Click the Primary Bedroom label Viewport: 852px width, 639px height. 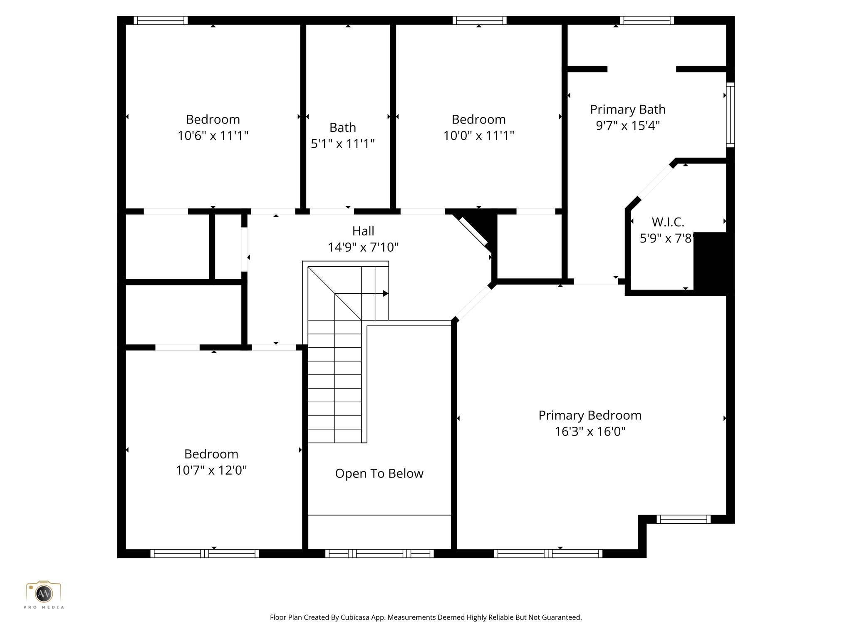tap(589, 415)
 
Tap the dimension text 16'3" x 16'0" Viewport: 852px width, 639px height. tap(589, 431)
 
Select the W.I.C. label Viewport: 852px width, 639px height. tap(668, 222)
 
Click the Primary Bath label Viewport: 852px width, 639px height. tap(627, 109)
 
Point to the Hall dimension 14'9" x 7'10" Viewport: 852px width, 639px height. tap(363, 247)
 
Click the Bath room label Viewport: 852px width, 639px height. tap(342, 127)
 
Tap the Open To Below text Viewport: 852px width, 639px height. tap(379, 473)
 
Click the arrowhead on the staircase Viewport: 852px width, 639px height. tap(385, 293)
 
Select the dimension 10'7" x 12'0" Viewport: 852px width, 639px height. tap(211, 470)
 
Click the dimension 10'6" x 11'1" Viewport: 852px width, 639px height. tap(213, 136)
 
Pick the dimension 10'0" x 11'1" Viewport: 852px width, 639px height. tap(478, 136)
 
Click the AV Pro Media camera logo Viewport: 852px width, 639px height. tap(44, 593)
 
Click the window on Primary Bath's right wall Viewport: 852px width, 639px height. tap(730, 115)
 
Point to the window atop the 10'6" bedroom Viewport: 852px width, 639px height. tap(161, 20)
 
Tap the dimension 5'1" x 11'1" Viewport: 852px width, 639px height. tap(342, 144)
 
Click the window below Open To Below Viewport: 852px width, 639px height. tap(379, 553)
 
